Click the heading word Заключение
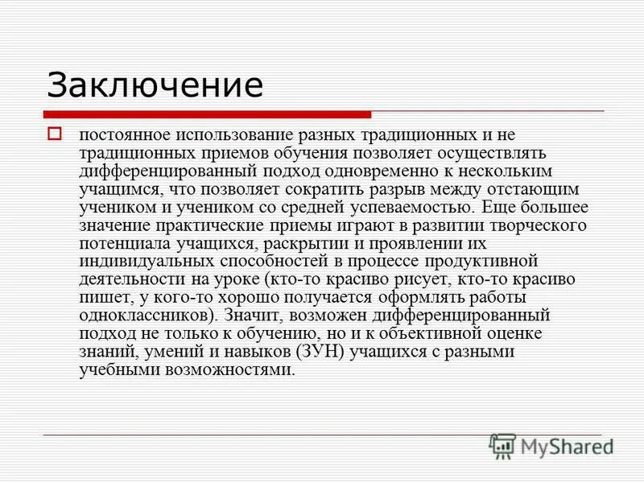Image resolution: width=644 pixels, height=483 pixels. (x=155, y=85)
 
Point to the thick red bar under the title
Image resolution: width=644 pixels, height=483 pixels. (x=208, y=114)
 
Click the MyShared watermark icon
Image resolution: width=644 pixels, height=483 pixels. (x=502, y=445)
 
